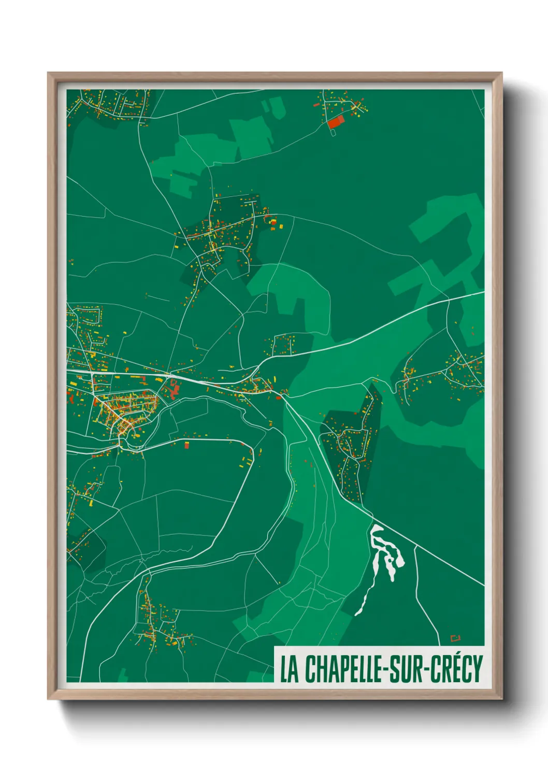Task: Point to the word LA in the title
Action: (x=290, y=669)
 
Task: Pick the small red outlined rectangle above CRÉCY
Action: (x=455, y=638)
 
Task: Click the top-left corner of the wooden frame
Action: (x=48, y=73)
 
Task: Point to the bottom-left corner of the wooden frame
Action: (x=48, y=699)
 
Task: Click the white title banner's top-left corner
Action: (x=275, y=647)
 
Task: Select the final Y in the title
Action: (x=478, y=669)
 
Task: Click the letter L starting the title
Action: (x=284, y=669)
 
